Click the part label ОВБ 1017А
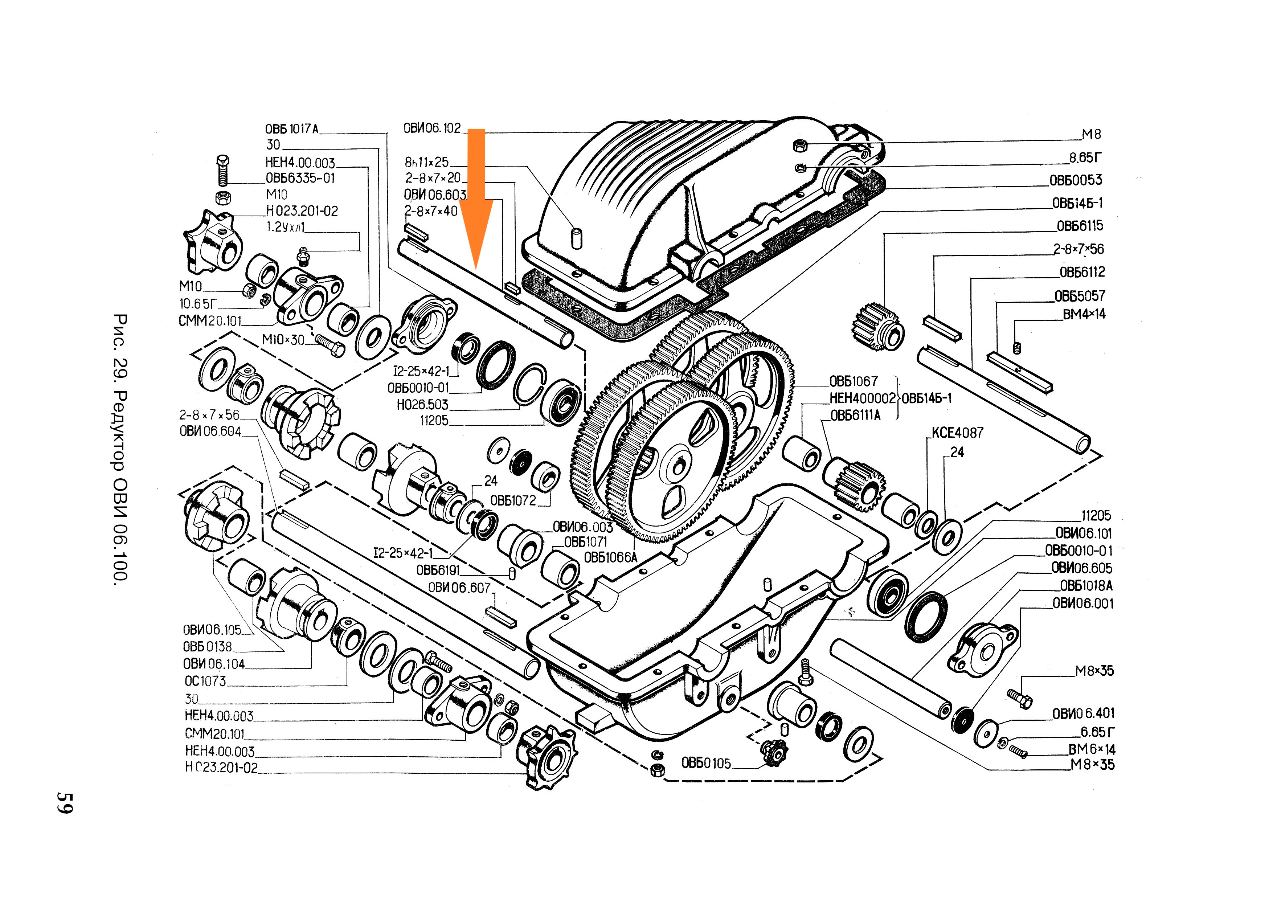coord(292,129)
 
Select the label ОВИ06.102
coord(432,128)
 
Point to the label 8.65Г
coord(1085,158)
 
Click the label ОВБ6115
coord(1080,226)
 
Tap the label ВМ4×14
coord(1083,314)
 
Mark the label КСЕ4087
coord(957,433)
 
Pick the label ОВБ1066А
coord(610,557)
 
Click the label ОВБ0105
coord(706,764)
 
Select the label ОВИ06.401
coord(1083,714)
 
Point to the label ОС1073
coord(205,681)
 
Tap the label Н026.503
coord(422,405)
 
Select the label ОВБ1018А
coord(1086,586)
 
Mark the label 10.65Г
coord(198,304)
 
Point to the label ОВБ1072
coord(513,501)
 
